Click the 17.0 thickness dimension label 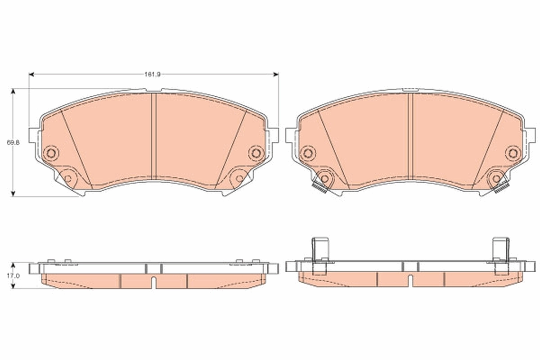tap(15, 275)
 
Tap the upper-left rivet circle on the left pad tap(51, 153)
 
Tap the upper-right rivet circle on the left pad tap(256, 153)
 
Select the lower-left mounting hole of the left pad tap(67, 178)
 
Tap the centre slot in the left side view tap(154, 283)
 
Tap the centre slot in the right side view tap(411, 280)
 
